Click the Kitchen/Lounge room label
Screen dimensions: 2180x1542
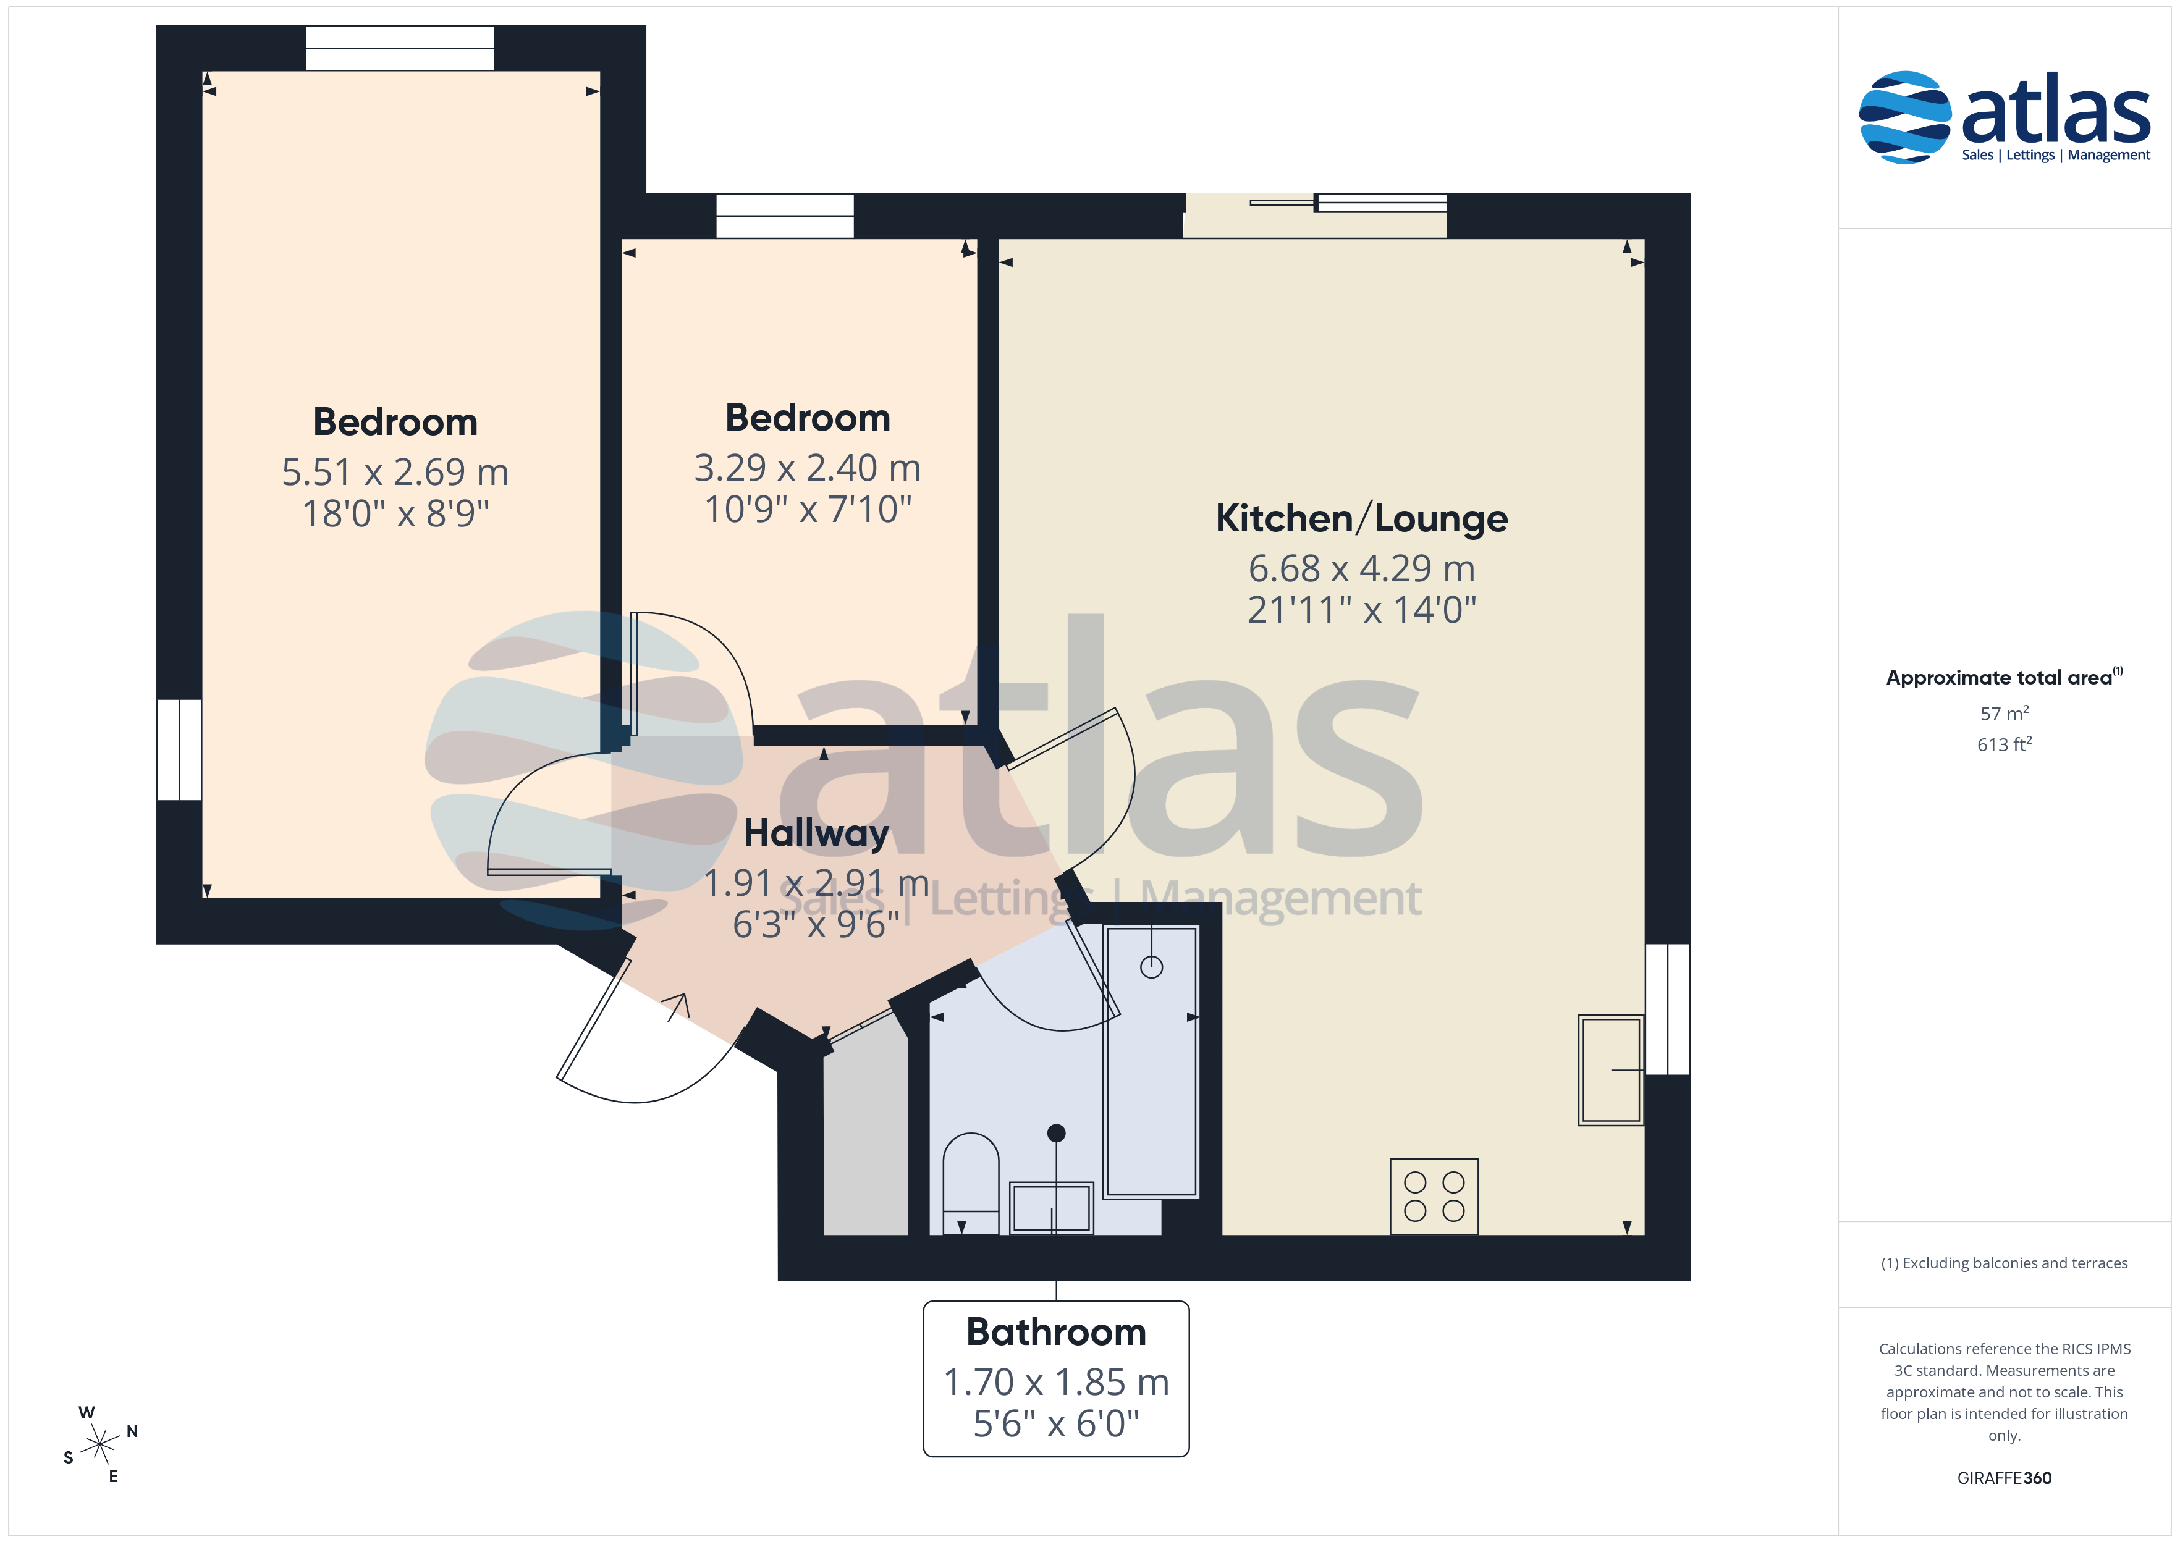pyautogui.click(x=1361, y=518)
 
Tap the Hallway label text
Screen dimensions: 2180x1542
pyautogui.click(x=816, y=833)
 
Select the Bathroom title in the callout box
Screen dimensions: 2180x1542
pyautogui.click(x=1056, y=1332)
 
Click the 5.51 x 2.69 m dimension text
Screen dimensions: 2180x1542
pyautogui.click(x=395, y=472)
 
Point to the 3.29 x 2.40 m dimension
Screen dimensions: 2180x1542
pyautogui.click(x=807, y=467)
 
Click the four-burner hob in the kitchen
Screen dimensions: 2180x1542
pyautogui.click(x=1434, y=1197)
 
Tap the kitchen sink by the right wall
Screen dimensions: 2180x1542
pyautogui.click(x=1610, y=1070)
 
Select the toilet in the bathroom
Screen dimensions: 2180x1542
pyautogui.click(x=970, y=1183)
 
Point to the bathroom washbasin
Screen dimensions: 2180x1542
pyautogui.click(x=1051, y=1208)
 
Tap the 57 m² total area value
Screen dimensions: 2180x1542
pyautogui.click(x=2005, y=713)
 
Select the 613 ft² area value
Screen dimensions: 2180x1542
pyautogui.click(x=2005, y=744)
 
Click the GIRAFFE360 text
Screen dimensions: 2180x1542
pyautogui.click(x=2005, y=1477)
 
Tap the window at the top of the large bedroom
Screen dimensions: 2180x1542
pyautogui.click(x=400, y=48)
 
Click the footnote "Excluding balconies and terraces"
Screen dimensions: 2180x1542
pyautogui.click(x=2015, y=1263)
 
